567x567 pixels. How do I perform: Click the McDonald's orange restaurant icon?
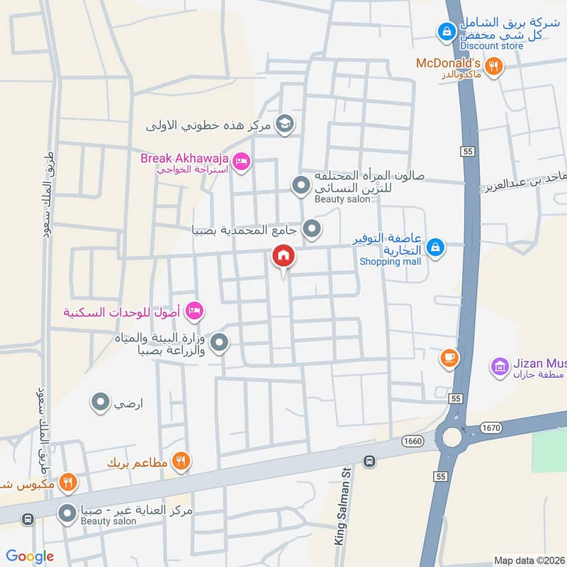pyautogui.click(x=495, y=66)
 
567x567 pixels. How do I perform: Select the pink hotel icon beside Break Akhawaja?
pyautogui.click(x=240, y=162)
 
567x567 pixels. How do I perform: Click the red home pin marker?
pyautogui.click(x=283, y=257)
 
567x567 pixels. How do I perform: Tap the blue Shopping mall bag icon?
pyautogui.click(x=437, y=247)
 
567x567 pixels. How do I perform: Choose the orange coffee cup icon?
pyautogui.click(x=448, y=359)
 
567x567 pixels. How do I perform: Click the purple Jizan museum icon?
pyautogui.click(x=500, y=367)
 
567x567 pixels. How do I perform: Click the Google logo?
pyautogui.click(x=30, y=556)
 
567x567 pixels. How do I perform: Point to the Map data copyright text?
pyautogui.click(x=529, y=561)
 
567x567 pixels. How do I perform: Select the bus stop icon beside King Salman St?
pyautogui.click(x=369, y=461)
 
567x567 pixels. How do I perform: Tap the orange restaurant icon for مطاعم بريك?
pyautogui.click(x=181, y=462)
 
